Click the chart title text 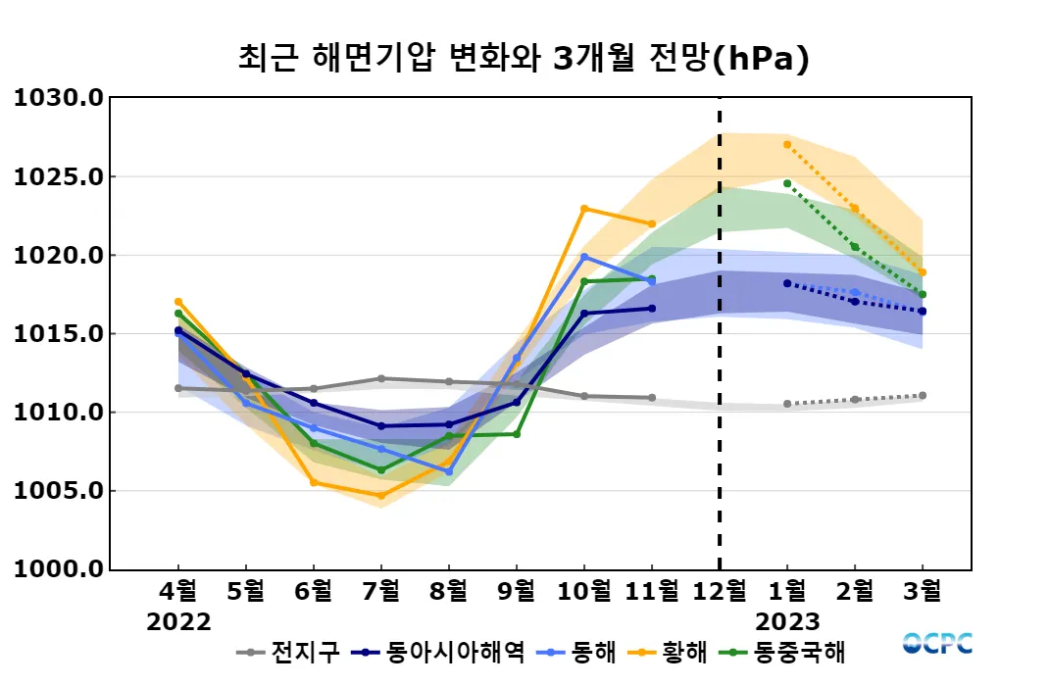(524, 58)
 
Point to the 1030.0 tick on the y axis (58, 98)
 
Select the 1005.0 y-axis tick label (58, 491)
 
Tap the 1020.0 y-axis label (58, 256)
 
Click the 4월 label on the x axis (178, 591)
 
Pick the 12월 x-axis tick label (720, 591)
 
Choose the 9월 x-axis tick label (517, 591)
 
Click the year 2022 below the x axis (178, 622)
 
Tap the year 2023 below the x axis (787, 622)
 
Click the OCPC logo (937, 644)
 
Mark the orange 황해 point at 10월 (584, 208)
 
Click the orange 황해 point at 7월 (381, 495)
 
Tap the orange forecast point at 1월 (787, 144)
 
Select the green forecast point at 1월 (787, 183)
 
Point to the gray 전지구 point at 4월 (178, 388)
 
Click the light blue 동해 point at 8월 (449, 471)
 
